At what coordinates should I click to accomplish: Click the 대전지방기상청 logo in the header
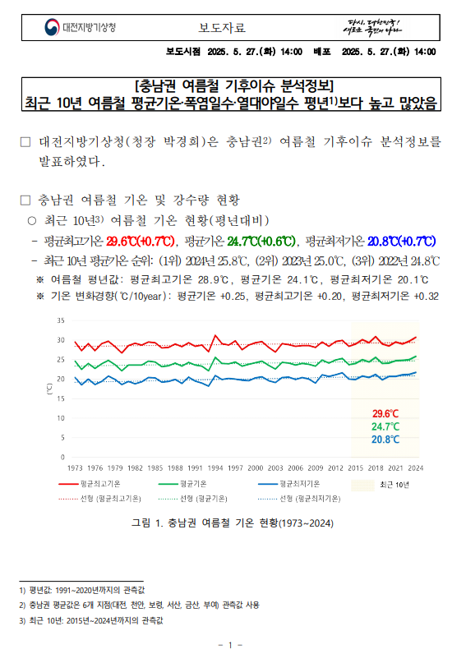click(x=81, y=27)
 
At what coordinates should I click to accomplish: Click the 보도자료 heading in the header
click(x=223, y=28)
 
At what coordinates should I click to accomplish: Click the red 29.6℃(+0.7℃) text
click(x=141, y=242)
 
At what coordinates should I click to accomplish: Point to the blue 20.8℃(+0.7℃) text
click(x=401, y=242)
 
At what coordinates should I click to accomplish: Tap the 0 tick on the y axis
click(x=62, y=457)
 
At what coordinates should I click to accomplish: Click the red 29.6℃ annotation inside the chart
click(x=385, y=413)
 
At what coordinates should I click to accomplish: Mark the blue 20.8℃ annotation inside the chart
click(x=385, y=440)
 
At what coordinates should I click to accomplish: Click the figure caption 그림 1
click(x=233, y=523)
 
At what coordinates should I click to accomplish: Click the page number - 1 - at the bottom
click(x=232, y=645)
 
